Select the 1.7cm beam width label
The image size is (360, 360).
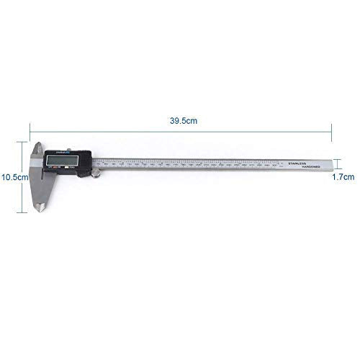click(343, 176)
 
